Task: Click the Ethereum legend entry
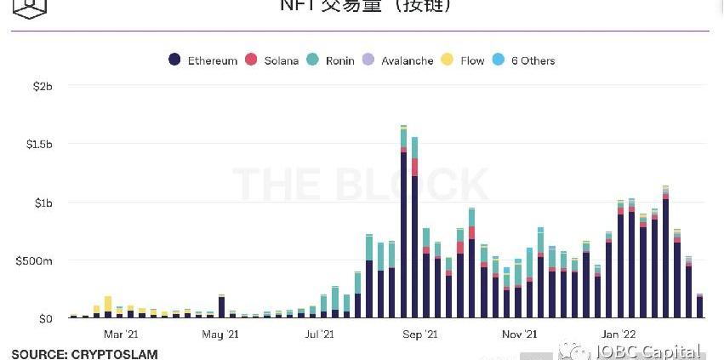click(x=203, y=60)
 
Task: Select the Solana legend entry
click(x=272, y=60)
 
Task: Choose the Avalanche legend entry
click(x=398, y=60)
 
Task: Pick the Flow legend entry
click(x=464, y=60)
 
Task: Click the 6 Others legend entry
click(x=524, y=60)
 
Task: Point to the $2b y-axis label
click(x=43, y=87)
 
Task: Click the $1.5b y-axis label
click(x=39, y=145)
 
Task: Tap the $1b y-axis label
click(x=43, y=203)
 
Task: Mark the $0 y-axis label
click(x=44, y=318)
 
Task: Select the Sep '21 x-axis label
click(x=419, y=334)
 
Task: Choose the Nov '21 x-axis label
click(x=519, y=334)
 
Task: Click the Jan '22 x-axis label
click(x=618, y=334)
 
